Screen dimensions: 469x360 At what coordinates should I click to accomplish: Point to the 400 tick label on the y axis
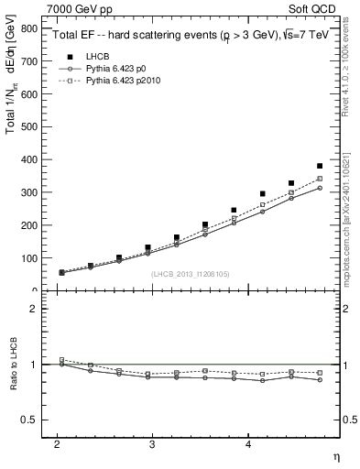coord(29,160)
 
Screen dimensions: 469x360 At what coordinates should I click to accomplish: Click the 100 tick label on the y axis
coord(29,258)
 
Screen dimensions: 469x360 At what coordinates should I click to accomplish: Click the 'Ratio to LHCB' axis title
coord(12,365)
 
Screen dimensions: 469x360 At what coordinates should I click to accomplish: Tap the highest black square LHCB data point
coord(320,167)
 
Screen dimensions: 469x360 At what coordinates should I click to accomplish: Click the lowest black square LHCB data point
coord(61,272)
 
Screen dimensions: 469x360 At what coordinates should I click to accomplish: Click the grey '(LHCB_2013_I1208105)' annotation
coord(190,274)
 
